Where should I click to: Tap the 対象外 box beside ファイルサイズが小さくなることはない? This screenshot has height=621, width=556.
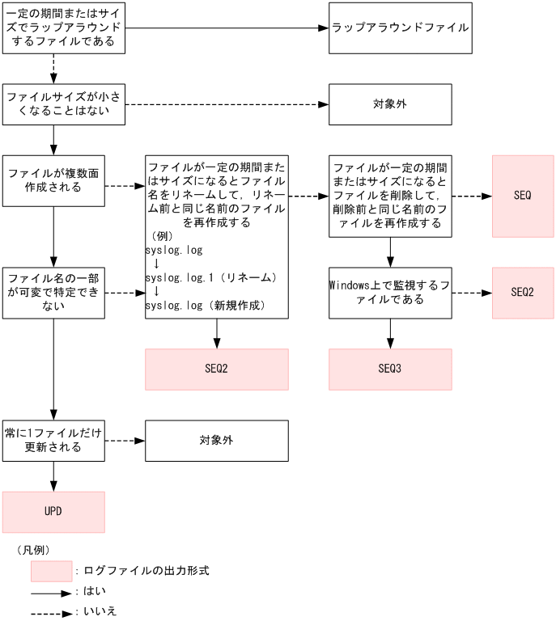coord(389,104)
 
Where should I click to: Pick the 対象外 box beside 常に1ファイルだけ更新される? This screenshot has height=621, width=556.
coord(216,441)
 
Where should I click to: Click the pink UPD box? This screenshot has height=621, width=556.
coord(53,512)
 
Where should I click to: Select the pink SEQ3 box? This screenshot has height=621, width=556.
coord(389,369)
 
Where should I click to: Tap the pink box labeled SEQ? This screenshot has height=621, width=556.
coord(522,196)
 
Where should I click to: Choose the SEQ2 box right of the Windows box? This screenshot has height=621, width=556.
coord(522,293)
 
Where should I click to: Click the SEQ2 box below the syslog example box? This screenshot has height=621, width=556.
coord(216,369)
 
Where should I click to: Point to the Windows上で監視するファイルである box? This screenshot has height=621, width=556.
coord(389,293)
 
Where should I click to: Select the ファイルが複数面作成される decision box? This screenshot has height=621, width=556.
coord(53,180)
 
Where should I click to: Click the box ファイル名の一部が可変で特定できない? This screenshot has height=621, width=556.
coord(53,292)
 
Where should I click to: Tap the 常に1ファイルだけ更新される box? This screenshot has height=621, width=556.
coord(53,440)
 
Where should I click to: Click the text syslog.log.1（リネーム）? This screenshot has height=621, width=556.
coord(211,277)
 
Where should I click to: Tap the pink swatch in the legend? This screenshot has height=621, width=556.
coord(52,571)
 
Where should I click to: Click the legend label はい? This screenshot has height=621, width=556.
coord(89,591)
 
